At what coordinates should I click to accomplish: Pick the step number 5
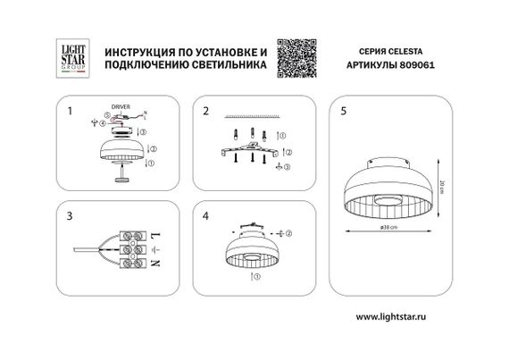(344, 112)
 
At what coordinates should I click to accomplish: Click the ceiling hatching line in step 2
(254, 116)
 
